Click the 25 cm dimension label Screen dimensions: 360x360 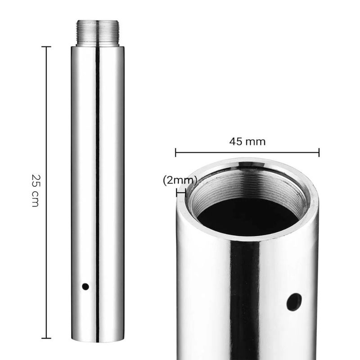(35, 190)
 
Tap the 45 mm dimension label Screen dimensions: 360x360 (247, 141)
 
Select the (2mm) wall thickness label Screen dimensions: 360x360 (180, 180)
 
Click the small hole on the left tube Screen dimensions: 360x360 (85, 287)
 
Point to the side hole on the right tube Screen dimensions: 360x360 (294, 302)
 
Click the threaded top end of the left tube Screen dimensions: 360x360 (98, 33)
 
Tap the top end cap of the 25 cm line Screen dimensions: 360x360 (46, 47)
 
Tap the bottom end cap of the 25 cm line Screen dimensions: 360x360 (46, 338)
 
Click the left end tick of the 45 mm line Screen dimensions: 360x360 (175, 152)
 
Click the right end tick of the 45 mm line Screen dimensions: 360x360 (319, 152)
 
